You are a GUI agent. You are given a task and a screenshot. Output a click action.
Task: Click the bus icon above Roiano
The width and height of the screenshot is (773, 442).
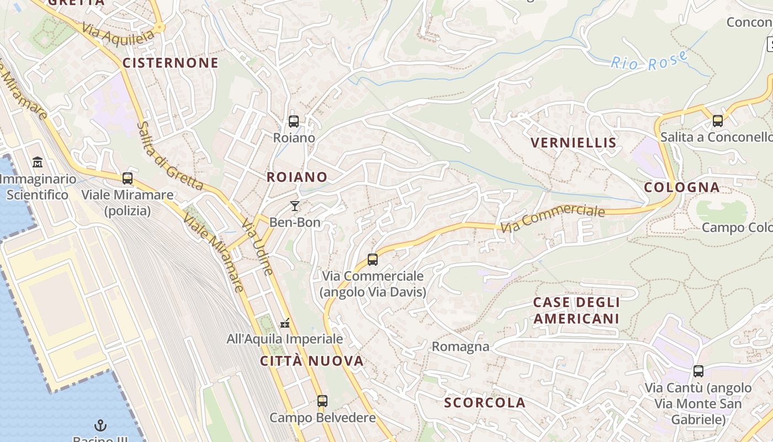pos(294,121)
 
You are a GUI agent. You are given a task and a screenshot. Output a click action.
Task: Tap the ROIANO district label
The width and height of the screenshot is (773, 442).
pos(297,177)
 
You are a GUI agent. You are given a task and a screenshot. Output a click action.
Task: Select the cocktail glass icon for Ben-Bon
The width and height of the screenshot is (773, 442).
pos(295,206)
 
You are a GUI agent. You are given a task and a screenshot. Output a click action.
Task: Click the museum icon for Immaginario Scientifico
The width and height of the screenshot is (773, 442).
pos(38,162)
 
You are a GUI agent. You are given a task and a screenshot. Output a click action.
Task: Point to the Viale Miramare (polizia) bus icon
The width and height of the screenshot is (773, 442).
pos(128,178)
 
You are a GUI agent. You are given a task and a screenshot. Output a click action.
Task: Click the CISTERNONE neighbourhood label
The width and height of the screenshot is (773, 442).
pos(171,63)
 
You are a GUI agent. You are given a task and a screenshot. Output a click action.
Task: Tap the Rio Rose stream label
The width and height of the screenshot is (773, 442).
pos(649,61)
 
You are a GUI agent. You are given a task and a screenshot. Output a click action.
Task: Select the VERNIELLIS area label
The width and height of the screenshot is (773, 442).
pos(573,143)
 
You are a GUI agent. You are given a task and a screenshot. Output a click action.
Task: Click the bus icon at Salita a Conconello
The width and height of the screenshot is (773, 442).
pos(717,120)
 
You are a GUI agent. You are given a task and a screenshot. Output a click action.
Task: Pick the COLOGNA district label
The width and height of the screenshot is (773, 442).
pos(682,187)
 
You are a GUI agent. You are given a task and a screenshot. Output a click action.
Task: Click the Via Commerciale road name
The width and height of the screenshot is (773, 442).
pos(553,219)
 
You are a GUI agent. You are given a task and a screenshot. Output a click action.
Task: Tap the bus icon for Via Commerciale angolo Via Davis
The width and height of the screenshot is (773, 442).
pos(373,259)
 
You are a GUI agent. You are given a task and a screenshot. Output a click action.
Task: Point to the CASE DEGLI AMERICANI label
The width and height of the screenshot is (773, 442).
pos(576,311)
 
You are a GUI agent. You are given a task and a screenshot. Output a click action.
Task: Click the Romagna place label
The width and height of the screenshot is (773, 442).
pos(460,346)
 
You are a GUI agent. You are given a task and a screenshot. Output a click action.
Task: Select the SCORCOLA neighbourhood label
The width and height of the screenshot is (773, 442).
pos(485,403)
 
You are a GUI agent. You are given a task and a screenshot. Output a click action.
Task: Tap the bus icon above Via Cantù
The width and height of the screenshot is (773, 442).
pos(698,371)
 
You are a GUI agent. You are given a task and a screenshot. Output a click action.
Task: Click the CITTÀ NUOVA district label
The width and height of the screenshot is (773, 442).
pos(312,361)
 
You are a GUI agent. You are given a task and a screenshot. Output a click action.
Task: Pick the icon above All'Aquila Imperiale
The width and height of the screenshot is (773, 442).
pos(285,322)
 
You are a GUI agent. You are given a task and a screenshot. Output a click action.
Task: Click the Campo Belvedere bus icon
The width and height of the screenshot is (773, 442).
pos(322,401)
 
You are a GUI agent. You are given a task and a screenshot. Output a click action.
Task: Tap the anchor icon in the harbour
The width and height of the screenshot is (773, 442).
pos(100,425)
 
